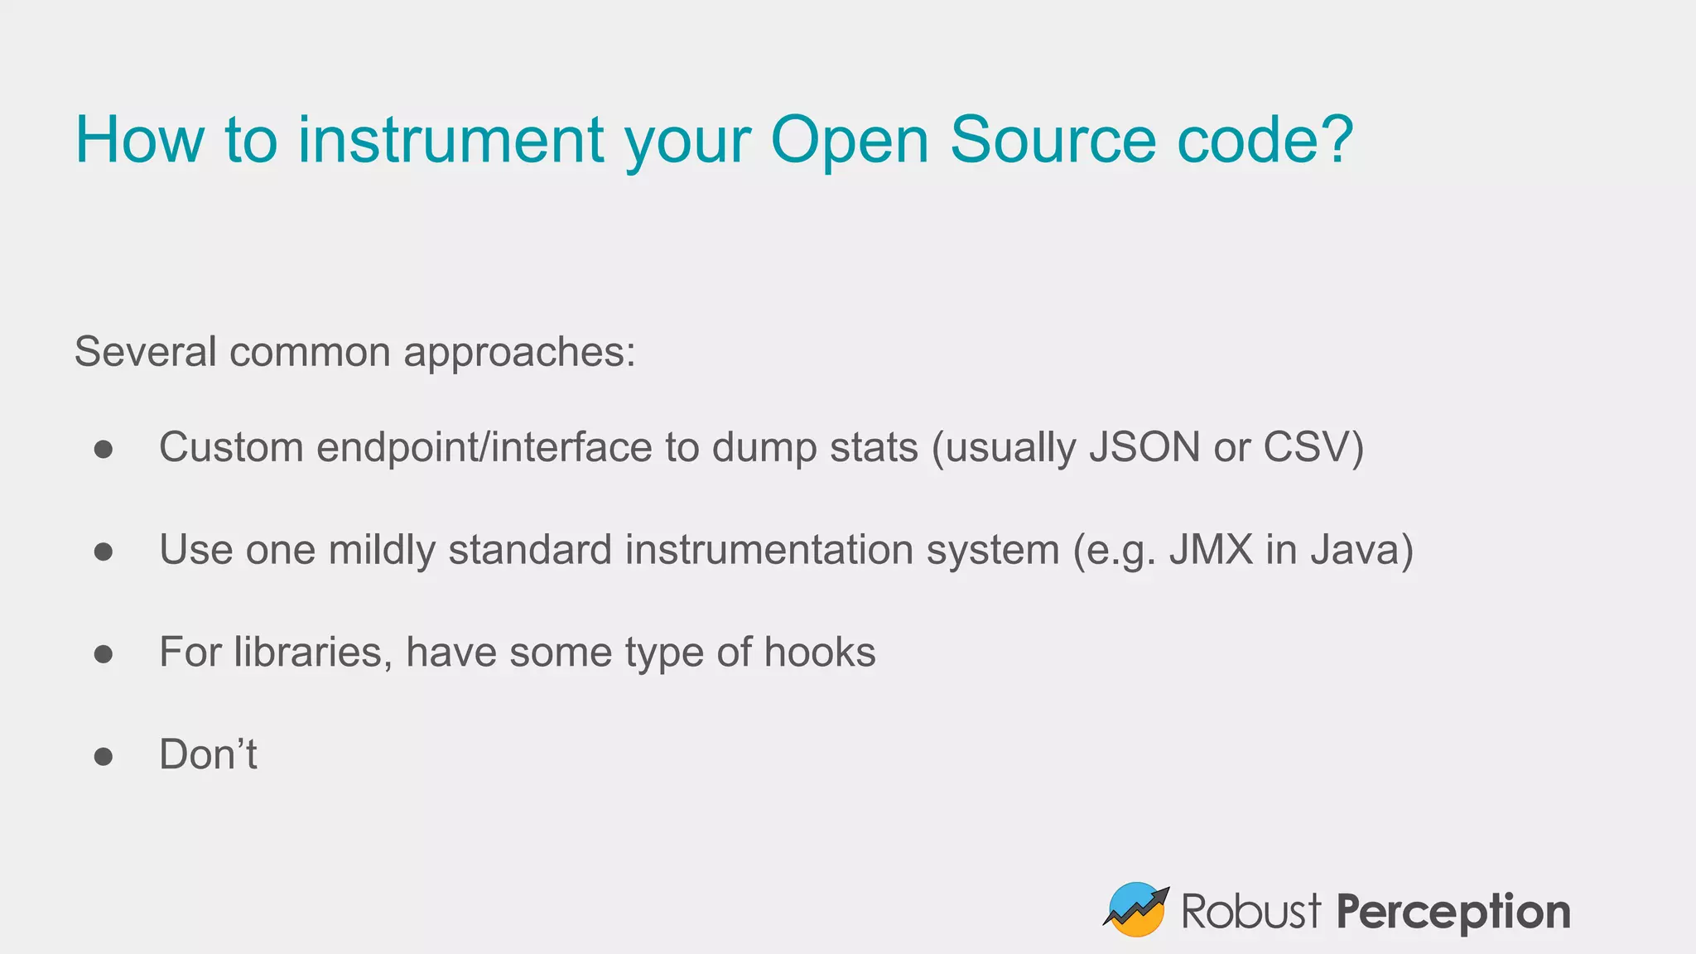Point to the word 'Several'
[x=145, y=351]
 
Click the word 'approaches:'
[x=519, y=353]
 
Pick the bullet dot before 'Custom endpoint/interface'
[x=104, y=449]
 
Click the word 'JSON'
[x=1144, y=447]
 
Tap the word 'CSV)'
[x=1313, y=448]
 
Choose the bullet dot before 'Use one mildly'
[x=104, y=551]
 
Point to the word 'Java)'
[x=1361, y=551]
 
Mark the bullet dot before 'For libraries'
[x=104, y=653]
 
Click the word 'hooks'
[x=819, y=653]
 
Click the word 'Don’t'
[x=208, y=754]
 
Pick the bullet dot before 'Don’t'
[x=104, y=756]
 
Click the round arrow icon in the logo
[x=1135, y=909]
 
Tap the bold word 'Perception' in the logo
[x=1453, y=913]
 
